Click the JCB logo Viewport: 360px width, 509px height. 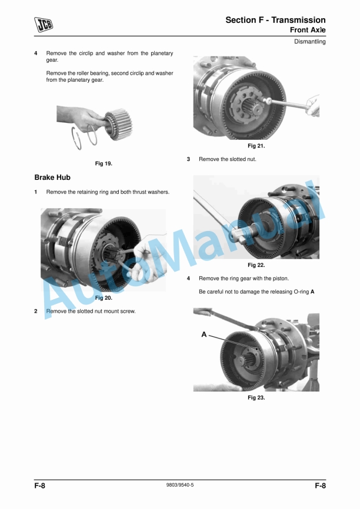44,25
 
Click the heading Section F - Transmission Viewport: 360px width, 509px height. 275,20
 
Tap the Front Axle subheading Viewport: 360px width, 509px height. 308,30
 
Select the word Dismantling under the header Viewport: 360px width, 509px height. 310,42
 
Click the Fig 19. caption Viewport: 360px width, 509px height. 104,163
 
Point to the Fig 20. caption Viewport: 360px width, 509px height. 104,298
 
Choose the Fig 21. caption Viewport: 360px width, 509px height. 256,146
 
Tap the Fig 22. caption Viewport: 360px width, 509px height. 256,265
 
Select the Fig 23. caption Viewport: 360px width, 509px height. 256,398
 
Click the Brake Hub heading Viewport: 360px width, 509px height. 52,178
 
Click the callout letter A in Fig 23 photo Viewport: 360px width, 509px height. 204,334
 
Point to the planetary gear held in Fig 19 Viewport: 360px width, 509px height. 119,124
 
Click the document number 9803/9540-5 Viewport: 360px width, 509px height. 180,485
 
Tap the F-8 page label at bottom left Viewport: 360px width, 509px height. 39,485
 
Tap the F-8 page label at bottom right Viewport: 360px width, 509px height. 321,485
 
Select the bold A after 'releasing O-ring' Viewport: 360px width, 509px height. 312,292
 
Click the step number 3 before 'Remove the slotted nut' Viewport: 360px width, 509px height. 188,159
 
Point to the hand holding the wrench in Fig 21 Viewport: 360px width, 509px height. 313,105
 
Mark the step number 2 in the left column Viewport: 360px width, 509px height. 36,312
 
